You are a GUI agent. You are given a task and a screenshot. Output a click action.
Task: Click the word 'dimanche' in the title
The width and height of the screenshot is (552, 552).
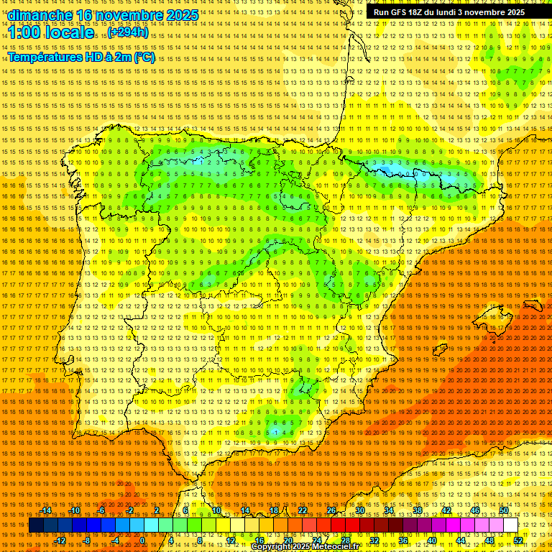41,14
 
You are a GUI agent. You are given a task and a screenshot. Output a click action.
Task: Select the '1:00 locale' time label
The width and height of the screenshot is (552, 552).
51,32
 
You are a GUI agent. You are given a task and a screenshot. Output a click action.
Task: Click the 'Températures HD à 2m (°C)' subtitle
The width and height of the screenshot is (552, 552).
80,57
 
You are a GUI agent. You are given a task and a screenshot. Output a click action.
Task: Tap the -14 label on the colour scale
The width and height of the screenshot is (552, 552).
47,510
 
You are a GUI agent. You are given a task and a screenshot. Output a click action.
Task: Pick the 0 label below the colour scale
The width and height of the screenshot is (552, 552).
142,540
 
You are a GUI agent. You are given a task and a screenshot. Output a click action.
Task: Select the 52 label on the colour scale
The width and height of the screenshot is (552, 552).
518,540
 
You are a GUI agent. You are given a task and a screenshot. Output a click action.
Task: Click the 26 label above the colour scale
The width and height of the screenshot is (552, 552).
331,510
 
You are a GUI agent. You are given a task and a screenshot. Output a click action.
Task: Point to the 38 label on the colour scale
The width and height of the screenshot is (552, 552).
417,510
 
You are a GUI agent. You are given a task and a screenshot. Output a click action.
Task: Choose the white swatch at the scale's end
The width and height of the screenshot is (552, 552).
511,525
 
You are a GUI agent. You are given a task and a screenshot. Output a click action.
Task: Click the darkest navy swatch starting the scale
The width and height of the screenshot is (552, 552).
36,525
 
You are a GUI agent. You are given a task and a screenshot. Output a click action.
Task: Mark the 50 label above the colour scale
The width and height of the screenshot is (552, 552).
504,510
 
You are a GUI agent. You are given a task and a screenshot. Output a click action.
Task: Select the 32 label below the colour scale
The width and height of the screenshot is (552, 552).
374,540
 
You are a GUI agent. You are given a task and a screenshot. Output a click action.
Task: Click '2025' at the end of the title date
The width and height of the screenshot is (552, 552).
182,14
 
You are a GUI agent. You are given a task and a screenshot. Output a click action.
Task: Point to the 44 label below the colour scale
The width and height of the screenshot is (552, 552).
461,540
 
